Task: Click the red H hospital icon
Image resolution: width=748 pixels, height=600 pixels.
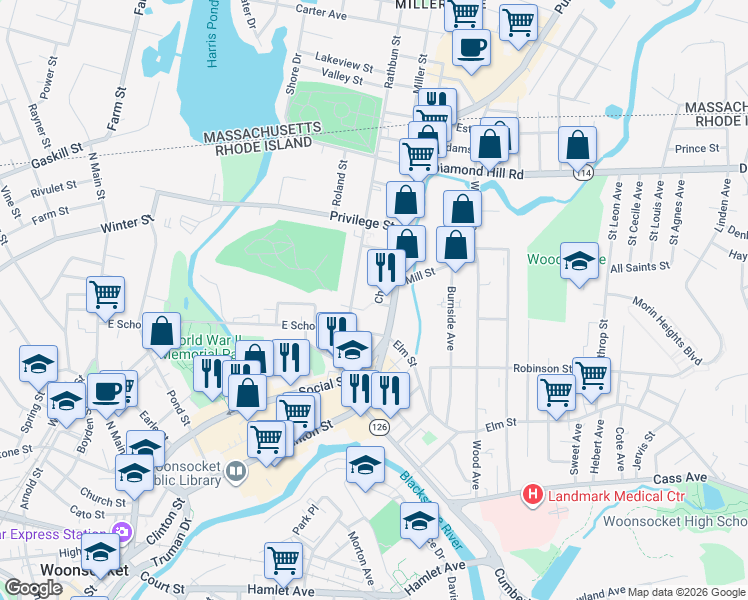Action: [x=533, y=495]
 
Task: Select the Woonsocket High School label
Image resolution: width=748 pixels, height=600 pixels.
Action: [x=675, y=522]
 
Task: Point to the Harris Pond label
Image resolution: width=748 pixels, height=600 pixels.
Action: [x=212, y=40]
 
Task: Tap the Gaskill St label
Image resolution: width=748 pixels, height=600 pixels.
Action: [x=56, y=151]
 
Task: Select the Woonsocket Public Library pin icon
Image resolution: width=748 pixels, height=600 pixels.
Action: [x=236, y=470]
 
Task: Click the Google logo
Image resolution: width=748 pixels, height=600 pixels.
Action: [x=33, y=588]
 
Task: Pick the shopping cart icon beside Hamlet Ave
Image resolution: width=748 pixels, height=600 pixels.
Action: [x=284, y=560]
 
